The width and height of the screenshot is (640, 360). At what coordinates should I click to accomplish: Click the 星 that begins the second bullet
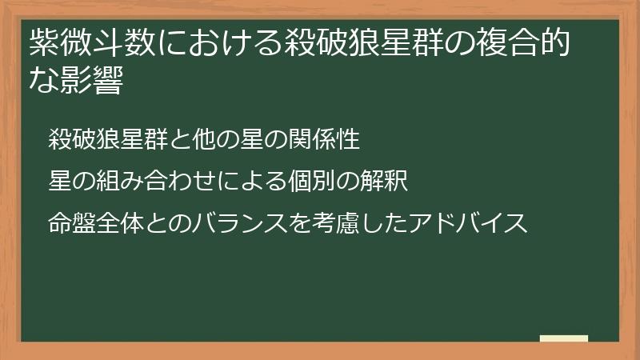click(x=60, y=182)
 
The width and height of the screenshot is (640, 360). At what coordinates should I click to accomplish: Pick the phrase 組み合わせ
click(x=150, y=182)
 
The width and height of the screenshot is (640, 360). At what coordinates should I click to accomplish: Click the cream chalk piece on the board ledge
click(x=563, y=338)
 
